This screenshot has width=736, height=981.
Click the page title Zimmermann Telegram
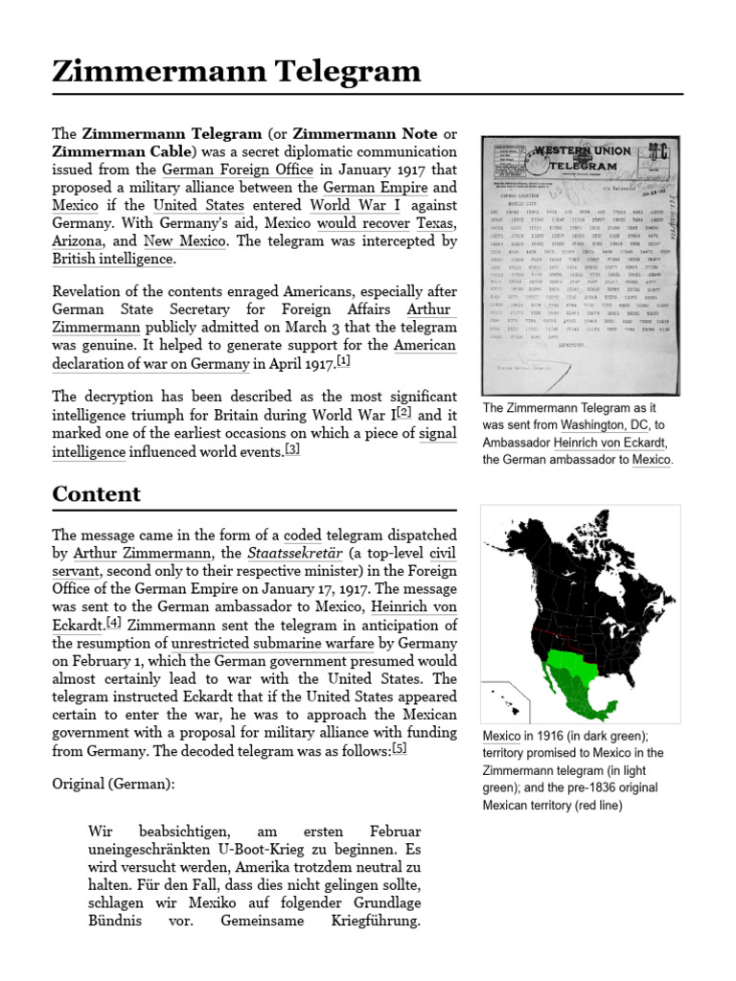(x=237, y=71)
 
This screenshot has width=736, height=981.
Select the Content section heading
(x=97, y=494)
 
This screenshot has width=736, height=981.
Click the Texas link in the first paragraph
(x=436, y=223)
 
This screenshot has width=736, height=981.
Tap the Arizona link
(x=79, y=241)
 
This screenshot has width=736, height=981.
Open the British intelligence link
(x=112, y=259)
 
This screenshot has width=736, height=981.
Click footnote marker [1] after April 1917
(x=343, y=361)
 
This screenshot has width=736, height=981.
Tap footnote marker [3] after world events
(x=292, y=449)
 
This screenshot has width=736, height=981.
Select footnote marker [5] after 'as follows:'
(x=399, y=749)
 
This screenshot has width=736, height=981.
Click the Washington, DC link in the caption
(x=607, y=423)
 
